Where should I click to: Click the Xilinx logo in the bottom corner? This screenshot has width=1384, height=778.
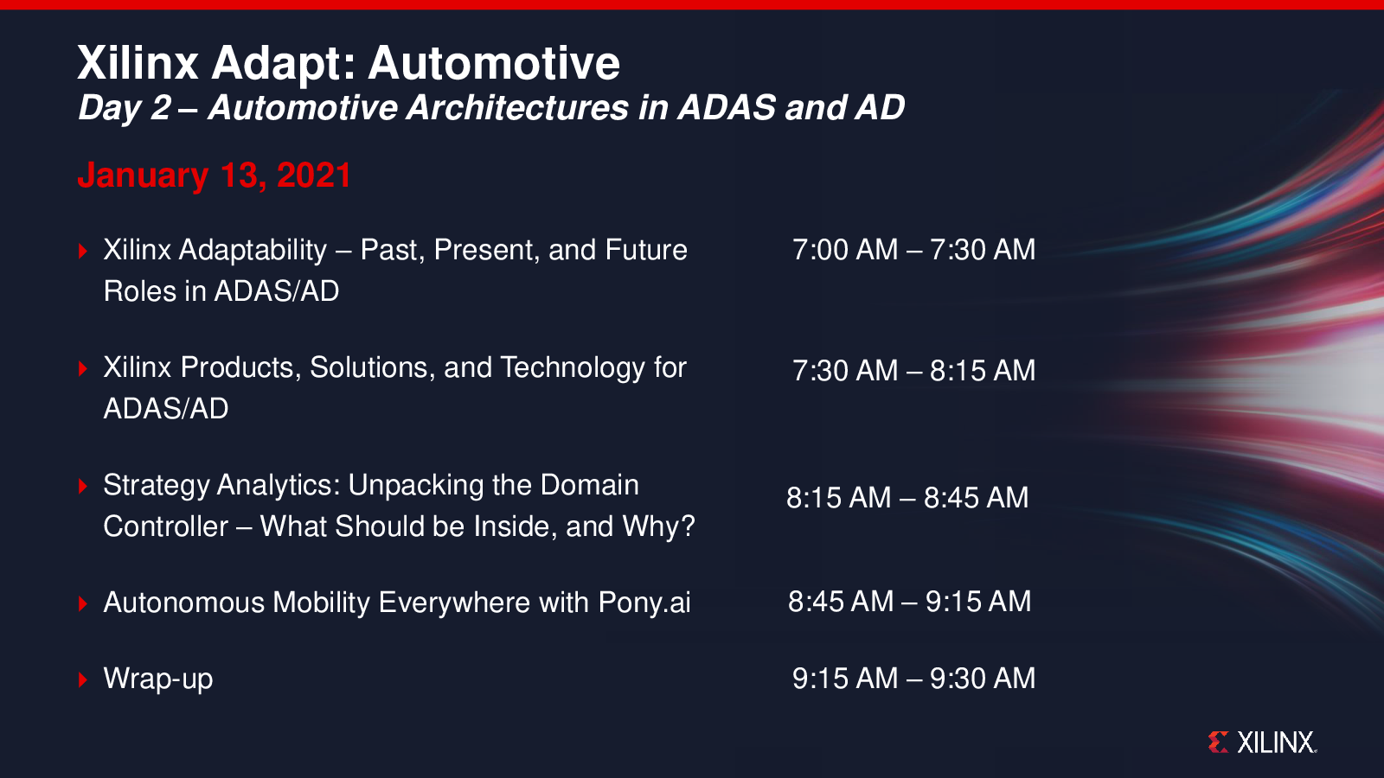(1262, 743)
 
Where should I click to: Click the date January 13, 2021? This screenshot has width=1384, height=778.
(215, 175)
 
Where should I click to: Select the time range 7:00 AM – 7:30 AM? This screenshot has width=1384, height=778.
(913, 250)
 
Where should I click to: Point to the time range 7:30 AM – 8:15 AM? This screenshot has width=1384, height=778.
(913, 371)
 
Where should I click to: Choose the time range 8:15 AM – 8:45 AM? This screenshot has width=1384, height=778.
(907, 498)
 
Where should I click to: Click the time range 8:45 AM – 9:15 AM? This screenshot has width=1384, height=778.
(909, 602)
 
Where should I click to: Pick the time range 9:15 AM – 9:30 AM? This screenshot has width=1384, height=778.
(913, 679)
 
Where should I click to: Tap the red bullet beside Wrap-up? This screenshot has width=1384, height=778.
(83, 679)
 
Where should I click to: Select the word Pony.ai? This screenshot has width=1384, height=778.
(644, 603)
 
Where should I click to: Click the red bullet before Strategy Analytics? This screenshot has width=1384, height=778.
(83, 486)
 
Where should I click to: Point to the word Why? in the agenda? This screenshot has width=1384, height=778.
(658, 526)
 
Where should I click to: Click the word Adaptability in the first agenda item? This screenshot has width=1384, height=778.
(252, 251)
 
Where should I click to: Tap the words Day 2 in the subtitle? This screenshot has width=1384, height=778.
(125, 108)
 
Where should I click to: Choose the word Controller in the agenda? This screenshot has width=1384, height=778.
(165, 526)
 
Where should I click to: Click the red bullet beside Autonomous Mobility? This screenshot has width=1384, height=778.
(83, 603)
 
